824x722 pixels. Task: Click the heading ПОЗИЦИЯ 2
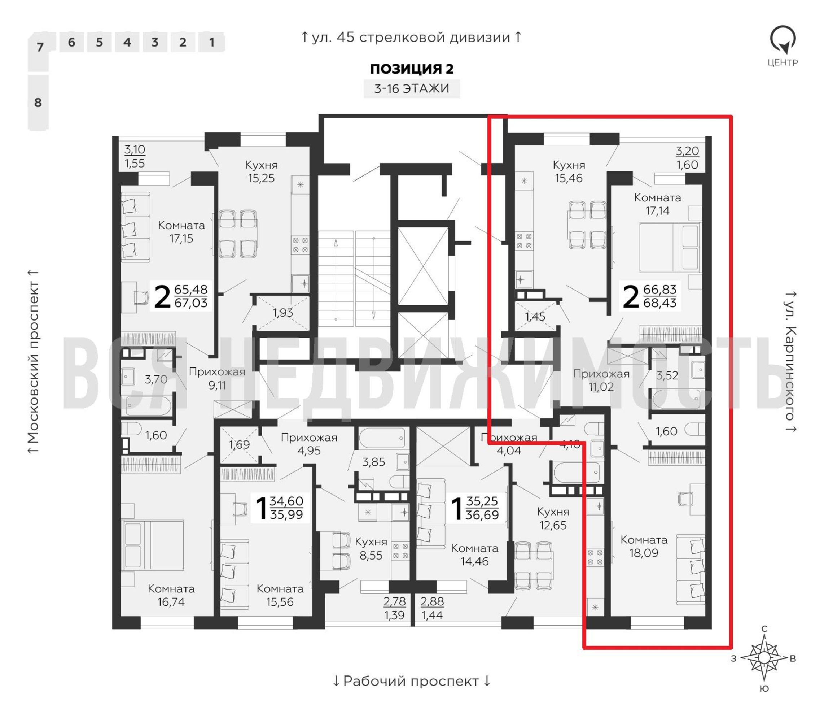[x=411, y=69]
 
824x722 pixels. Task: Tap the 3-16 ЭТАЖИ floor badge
[x=411, y=88]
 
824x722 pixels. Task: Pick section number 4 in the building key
[x=127, y=42]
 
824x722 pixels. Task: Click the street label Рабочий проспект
[x=411, y=681]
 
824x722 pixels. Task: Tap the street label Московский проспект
[x=34, y=361]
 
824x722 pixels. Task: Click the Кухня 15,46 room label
[x=568, y=171]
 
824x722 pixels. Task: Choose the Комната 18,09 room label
[x=644, y=546]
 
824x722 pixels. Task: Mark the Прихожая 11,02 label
[x=601, y=380]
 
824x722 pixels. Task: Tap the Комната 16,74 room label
[x=171, y=595]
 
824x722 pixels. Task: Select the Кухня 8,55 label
[x=371, y=548]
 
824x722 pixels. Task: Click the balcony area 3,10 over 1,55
[x=135, y=156]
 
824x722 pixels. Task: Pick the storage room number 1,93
[x=282, y=313]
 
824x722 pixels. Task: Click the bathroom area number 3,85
[x=373, y=462]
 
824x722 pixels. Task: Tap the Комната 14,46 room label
[x=475, y=554]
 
